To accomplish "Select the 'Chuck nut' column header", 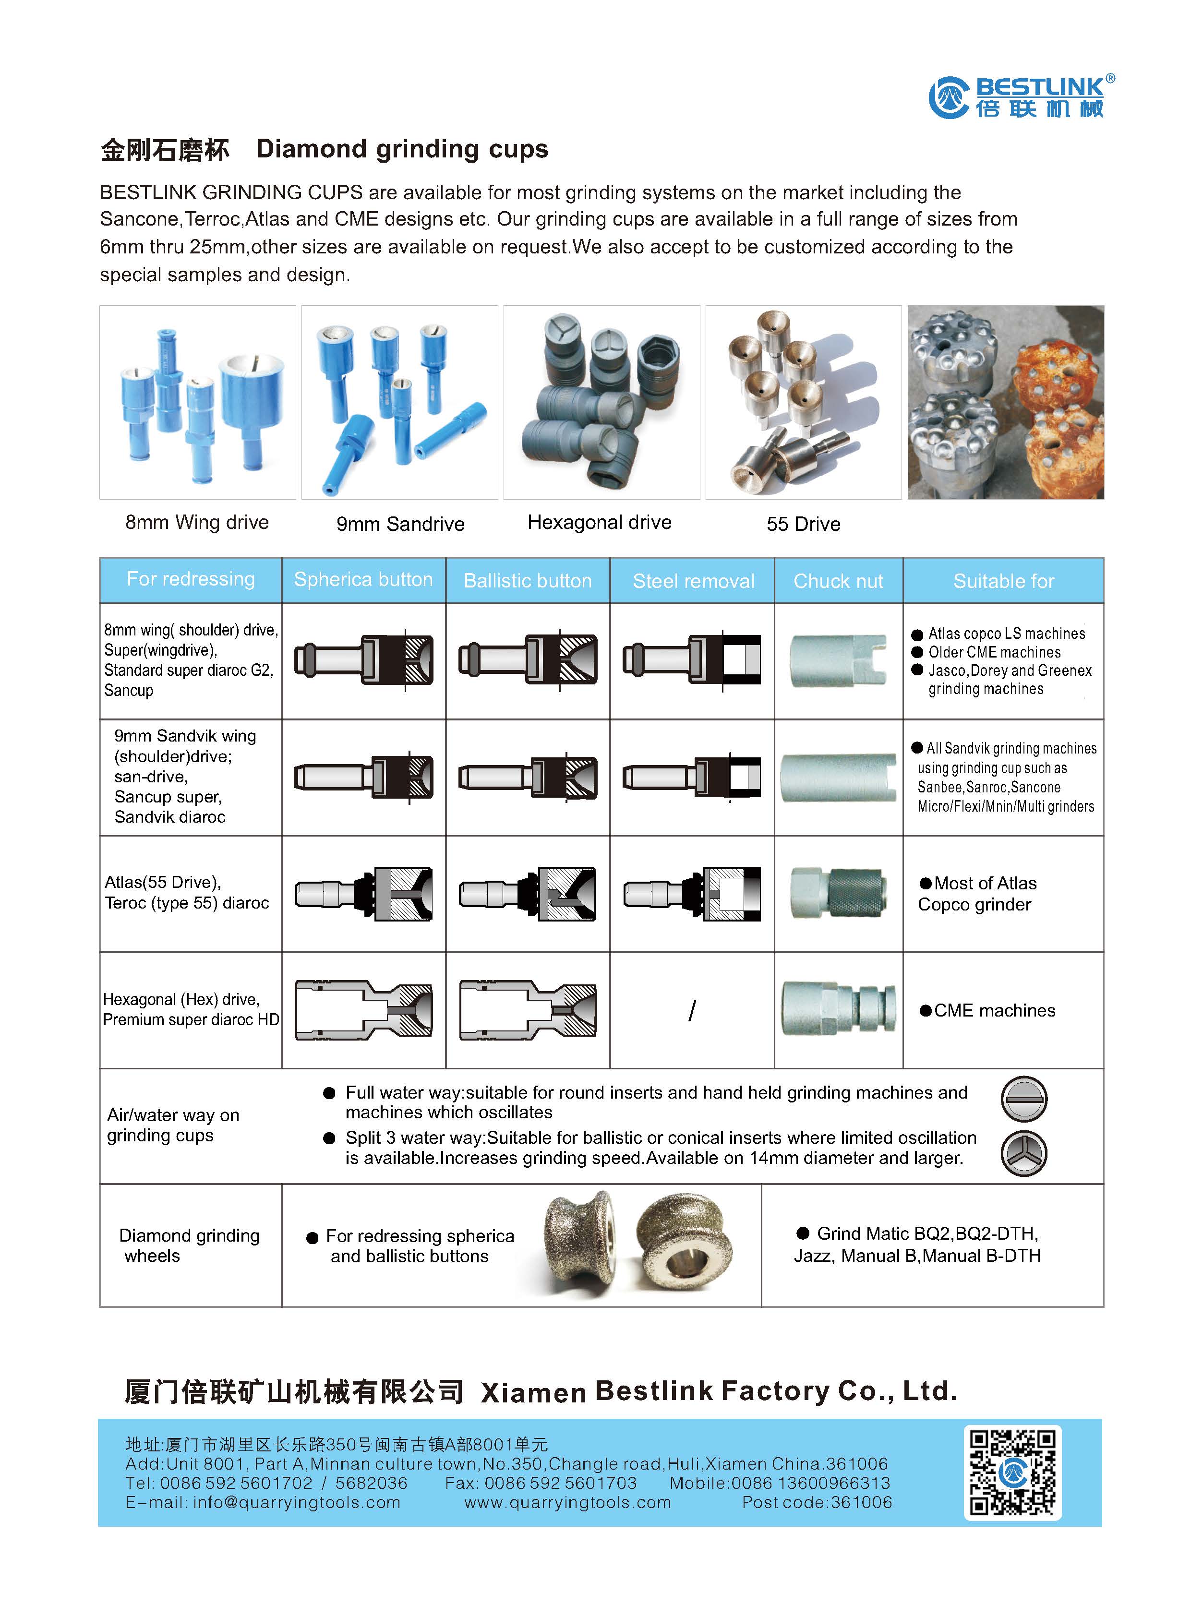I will (838, 581).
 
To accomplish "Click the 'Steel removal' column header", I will (693, 581).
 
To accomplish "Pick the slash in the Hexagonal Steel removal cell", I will (692, 1010).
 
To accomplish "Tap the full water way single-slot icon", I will (1023, 1099).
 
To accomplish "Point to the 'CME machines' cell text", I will (987, 1011).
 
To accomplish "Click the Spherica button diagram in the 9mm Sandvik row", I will (363, 777).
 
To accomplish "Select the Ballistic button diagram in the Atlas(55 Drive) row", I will (528, 894).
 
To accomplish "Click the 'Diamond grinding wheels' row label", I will (189, 1245).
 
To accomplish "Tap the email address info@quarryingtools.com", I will (296, 1503).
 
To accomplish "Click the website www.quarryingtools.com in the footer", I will (567, 1503).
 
